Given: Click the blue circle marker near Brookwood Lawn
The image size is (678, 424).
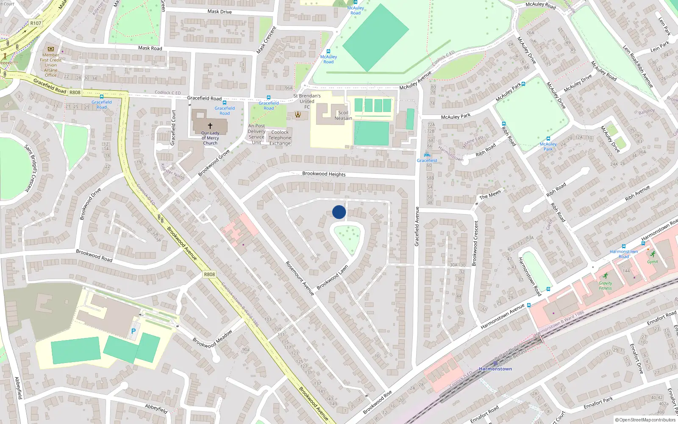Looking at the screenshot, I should click(x=339, y=212).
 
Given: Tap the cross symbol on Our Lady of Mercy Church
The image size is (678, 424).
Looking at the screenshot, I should click(x=210, y=126).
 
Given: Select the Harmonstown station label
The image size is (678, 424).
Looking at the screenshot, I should click(x=495, y=369).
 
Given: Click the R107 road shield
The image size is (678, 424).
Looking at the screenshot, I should click(x=36, y=23).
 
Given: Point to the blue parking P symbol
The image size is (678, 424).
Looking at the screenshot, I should click(x=133, y=331).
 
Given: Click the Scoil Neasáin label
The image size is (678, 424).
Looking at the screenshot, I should click(x=343, y=115).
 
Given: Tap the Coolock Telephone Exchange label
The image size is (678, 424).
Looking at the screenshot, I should click(x=280, y=138).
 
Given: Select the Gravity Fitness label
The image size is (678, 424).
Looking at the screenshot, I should click(x=605, y=286).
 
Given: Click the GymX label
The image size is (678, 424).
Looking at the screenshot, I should click(x=653, y=262).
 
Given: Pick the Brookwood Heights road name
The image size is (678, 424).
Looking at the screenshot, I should click(x=324, y=174).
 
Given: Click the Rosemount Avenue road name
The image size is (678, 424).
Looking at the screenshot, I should click(x=300, y=278).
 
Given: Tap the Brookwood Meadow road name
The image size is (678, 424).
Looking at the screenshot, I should click(x=212, y=339).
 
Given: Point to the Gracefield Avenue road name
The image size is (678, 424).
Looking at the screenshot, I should click(x=417, y=226).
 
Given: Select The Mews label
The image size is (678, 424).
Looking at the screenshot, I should click(x=490, y=195).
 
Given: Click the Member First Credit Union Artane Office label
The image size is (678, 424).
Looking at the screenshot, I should click(x=51, y=65).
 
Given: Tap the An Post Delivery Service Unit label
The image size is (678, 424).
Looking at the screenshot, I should click(x=256, y=134).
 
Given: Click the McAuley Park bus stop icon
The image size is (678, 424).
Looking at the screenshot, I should click(x=548, y=139).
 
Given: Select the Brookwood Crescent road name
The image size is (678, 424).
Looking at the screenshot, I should click(x=475, y=243).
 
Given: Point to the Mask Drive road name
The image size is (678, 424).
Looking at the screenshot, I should click(x=220, y=11).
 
